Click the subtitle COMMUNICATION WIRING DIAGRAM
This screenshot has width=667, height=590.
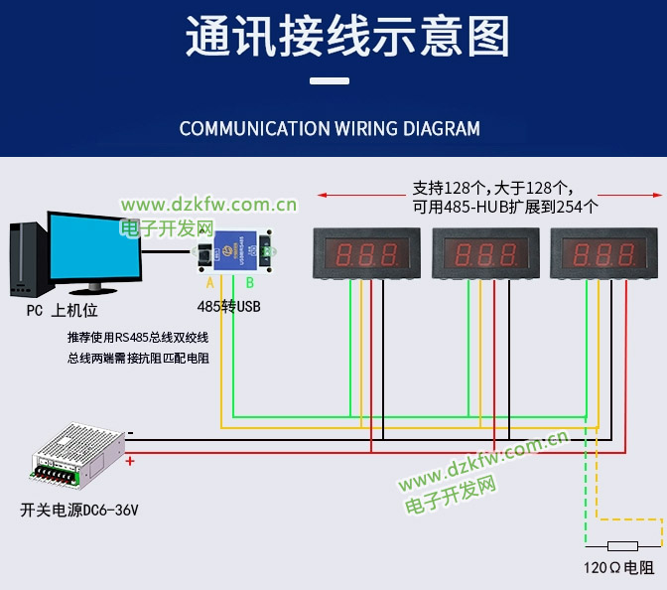click(330, 129)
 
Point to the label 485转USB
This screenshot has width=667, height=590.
click(228, 307)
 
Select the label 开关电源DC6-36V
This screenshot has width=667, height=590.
click(79, 511)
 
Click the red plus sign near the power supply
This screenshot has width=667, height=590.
click(130, 461)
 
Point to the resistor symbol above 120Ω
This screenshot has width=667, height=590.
click(622, 545)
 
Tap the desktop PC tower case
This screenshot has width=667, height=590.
click(27, 257)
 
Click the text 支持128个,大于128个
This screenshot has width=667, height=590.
click(492, 188)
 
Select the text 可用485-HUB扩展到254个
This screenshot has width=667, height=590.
click(505, 207)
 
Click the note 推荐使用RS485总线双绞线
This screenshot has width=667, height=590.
click(138, 337)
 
